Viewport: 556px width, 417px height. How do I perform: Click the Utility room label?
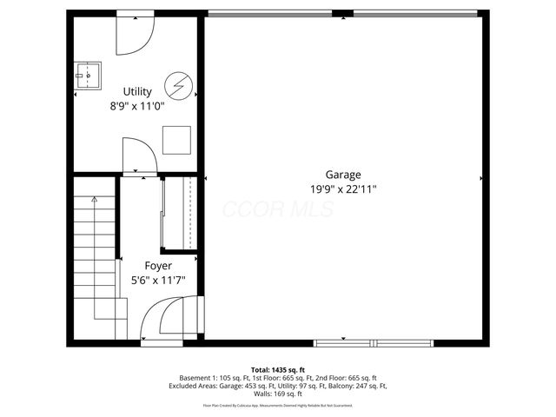click(x=137, y=91)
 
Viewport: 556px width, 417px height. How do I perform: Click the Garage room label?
click(x=343, y=174)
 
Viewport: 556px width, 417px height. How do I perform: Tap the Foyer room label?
click(x=157, y=265)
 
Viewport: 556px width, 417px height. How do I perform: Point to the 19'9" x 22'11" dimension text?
click(x=343, y=189)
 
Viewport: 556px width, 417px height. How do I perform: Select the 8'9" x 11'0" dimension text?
click(x=137, y=106)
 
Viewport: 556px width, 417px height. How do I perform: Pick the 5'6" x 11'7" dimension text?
click(x=157, y=280)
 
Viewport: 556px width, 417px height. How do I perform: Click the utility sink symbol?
click(x=88, y=76)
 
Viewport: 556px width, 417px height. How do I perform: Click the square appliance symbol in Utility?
click(x=179, y=138)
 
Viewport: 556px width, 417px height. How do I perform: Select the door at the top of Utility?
click(x=135, y=31)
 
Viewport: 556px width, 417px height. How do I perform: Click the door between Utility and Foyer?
click(x=139, y=157)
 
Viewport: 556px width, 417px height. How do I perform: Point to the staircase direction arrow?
click(x=94, y=201)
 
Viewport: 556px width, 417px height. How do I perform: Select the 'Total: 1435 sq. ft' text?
click(x=278, y=370)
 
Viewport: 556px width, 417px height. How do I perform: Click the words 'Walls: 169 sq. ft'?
click(x=278, y=394)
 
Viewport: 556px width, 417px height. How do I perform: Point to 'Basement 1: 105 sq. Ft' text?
click(x=216, y=378)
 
